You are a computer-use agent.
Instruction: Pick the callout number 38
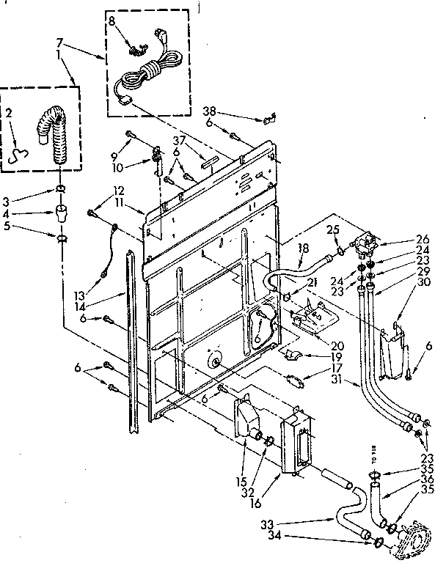[211, 111]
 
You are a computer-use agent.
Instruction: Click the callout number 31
[337, 380]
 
